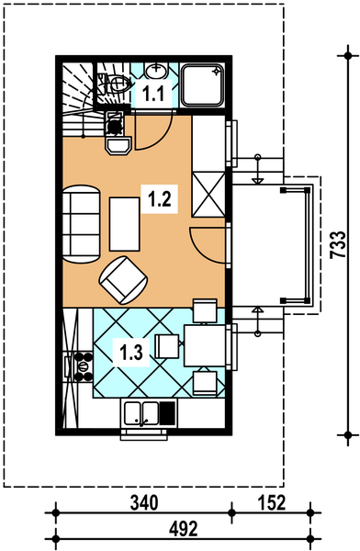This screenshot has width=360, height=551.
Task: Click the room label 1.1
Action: [153, 94]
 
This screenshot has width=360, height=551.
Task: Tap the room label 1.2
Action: [159, 199]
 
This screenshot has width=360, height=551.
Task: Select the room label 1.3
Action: [131, 353]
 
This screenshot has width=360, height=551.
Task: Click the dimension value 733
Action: [338, 245]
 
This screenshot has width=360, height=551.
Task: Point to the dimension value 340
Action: [144, 503]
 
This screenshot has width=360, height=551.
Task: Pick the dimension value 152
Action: [272, 503]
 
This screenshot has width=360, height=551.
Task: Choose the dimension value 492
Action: [184, 529]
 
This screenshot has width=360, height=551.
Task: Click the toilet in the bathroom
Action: [114, 84]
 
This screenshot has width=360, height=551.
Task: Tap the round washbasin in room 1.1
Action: [155, 72]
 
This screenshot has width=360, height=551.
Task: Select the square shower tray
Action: [202, 85]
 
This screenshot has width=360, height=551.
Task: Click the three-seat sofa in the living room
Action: [82, 224]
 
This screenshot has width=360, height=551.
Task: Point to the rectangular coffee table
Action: [125, 224]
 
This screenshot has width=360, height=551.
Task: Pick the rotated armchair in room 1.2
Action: [123, 280]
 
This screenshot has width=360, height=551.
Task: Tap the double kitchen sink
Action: [142, 412]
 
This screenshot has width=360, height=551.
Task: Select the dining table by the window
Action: [206, 346]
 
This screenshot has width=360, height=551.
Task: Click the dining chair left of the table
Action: [167, 346]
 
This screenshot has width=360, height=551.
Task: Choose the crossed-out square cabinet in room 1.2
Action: [208, 195]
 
